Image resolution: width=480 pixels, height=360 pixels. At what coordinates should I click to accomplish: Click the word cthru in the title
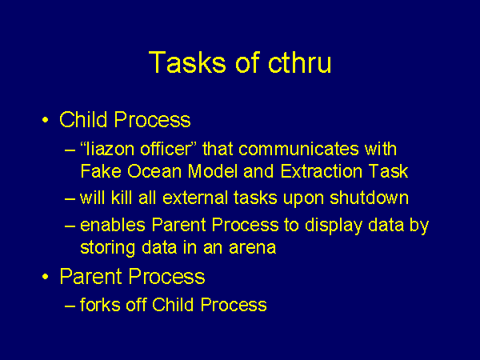point(300,62)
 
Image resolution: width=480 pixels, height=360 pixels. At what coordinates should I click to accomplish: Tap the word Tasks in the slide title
point(187,62)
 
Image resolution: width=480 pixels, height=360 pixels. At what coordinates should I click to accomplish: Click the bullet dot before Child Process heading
point(46,120)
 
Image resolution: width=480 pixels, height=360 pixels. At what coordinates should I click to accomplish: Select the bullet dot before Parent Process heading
point(46,277)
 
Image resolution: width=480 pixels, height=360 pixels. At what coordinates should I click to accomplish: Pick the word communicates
point(298,149)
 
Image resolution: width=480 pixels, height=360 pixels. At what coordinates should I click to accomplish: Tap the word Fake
point(101,171)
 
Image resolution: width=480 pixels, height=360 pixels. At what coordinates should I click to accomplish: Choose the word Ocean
point(154,171)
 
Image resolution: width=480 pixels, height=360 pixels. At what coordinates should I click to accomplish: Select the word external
point(195,198)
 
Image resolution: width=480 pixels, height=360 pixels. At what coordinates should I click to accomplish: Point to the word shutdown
point(369,198)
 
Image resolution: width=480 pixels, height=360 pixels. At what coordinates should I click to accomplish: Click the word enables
point(113,225)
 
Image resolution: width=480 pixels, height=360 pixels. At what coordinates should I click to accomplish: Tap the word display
point(334,226)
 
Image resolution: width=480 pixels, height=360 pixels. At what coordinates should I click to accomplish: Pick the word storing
point(107,248)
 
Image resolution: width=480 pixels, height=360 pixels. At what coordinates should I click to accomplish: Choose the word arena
point(252,249)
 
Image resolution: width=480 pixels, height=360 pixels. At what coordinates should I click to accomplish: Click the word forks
point(100,305)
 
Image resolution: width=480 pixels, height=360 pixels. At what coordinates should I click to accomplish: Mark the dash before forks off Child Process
point(70,306)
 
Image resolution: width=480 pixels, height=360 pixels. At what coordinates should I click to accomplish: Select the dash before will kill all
point(70,198)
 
